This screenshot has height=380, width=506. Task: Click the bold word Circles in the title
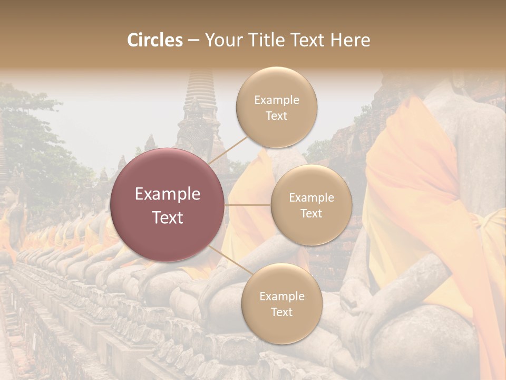tap(155, 40)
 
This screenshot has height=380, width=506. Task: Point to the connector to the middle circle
tap(248, 205)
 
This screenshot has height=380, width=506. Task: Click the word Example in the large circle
tap(168, 194)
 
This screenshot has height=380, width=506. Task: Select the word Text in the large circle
tap(168, 217)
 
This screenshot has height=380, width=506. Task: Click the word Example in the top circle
tap(277, 100)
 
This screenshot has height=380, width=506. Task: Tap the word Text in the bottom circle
tap(281, 312)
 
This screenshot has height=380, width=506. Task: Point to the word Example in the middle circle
tap(312, 198)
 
